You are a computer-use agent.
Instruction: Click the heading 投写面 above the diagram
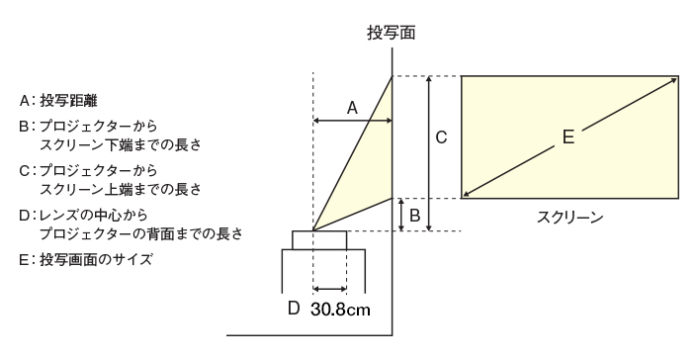pyautogui.click(x=391, y=33)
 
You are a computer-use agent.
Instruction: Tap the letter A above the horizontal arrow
pyautogui.click(x=351, y=107)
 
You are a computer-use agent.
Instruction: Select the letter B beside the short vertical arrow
pyautogui.click(x=415, y=215)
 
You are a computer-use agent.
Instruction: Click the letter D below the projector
pyautogui.click(x=293, y=308)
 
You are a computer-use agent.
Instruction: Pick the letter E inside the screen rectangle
pyautogui.click(x=568, y=138)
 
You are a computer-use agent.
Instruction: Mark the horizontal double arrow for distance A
pyautogui.click(x=352, y=121)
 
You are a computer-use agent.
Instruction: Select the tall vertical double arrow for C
pyautogui.click(x=428, y=153)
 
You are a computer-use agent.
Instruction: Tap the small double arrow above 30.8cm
pyautogui.click(x=329, y=290)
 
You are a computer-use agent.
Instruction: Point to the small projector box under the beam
pyautogui.click(x=319, y=240)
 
